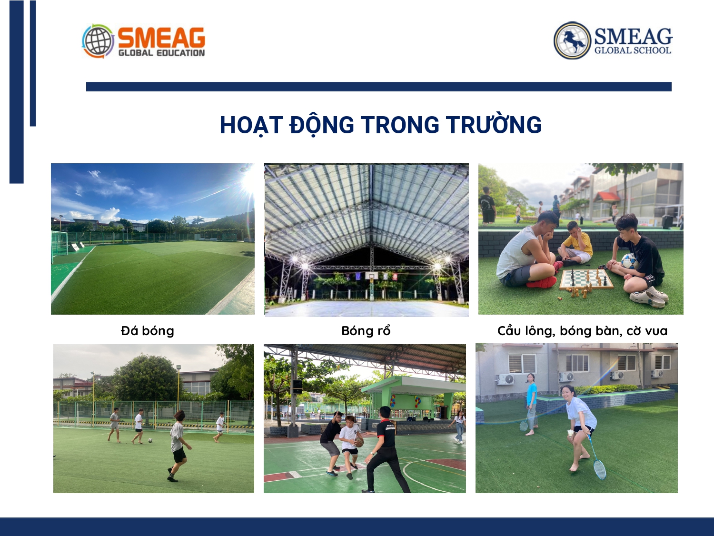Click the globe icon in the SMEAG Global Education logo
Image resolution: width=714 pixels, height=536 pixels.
pyautogui.click(x=98, y=41)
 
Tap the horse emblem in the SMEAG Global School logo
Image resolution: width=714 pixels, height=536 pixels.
pyautogui.click(x=572, y=40)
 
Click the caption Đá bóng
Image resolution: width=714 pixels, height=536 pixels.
pyautogui.click(x=148, y=331)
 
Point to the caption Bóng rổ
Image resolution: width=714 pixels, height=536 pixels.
pyautogui.click(x=366, y=331)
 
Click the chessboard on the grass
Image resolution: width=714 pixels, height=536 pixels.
pyautogui.click(x=585, y=279)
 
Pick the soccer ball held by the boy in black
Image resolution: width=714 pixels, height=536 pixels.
pyautogui.click(x=629, y=261)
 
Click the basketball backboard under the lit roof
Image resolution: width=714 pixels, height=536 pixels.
pyautogui.click(x=372, y=276)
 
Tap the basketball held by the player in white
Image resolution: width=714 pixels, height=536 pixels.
pyautogui.click(x=359, y=442)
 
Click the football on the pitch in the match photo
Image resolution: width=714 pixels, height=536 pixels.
pyautogui.click(x=150, y=440)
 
